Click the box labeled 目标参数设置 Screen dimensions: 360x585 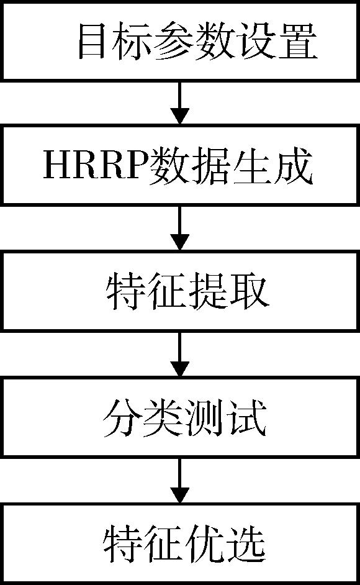[180, 40]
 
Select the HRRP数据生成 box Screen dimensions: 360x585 [180, 166]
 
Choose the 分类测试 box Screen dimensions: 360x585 [180, 417]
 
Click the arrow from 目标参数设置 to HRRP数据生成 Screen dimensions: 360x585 [180, 103]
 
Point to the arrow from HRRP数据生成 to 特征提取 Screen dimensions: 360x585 [180, 228]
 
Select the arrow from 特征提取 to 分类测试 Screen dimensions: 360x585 [180, 354]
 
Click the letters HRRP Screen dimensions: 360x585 [96, 166]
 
